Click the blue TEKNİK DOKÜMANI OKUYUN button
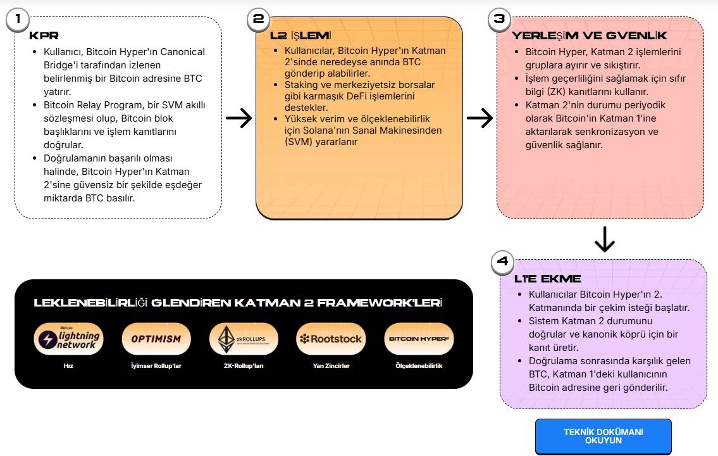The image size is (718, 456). [603, 436]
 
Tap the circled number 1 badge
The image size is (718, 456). [18, 19]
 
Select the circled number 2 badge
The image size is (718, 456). [258, 19]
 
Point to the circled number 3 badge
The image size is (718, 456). [499, 19]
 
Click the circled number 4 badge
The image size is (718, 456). [502, 262]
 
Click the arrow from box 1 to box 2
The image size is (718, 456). [238, 118]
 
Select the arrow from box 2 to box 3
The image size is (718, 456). [480, 118]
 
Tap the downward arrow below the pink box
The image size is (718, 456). [604, 239]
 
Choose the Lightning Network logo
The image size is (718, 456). [68, 339]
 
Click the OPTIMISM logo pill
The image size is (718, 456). [156, 339]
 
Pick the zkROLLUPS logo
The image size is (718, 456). [244, 339]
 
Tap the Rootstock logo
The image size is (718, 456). [331, 339]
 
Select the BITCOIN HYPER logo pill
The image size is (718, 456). [419, 339]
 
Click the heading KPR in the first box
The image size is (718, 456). [44, 35]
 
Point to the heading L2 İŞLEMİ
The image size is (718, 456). [300, 35]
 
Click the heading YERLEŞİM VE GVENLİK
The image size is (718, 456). [590, 35]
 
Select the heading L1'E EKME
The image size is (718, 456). [548, 279]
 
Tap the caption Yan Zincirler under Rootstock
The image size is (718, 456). [331, 365]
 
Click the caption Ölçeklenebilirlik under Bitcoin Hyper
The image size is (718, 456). [419, 365]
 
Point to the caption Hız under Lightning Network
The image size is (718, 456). [68, 365]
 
